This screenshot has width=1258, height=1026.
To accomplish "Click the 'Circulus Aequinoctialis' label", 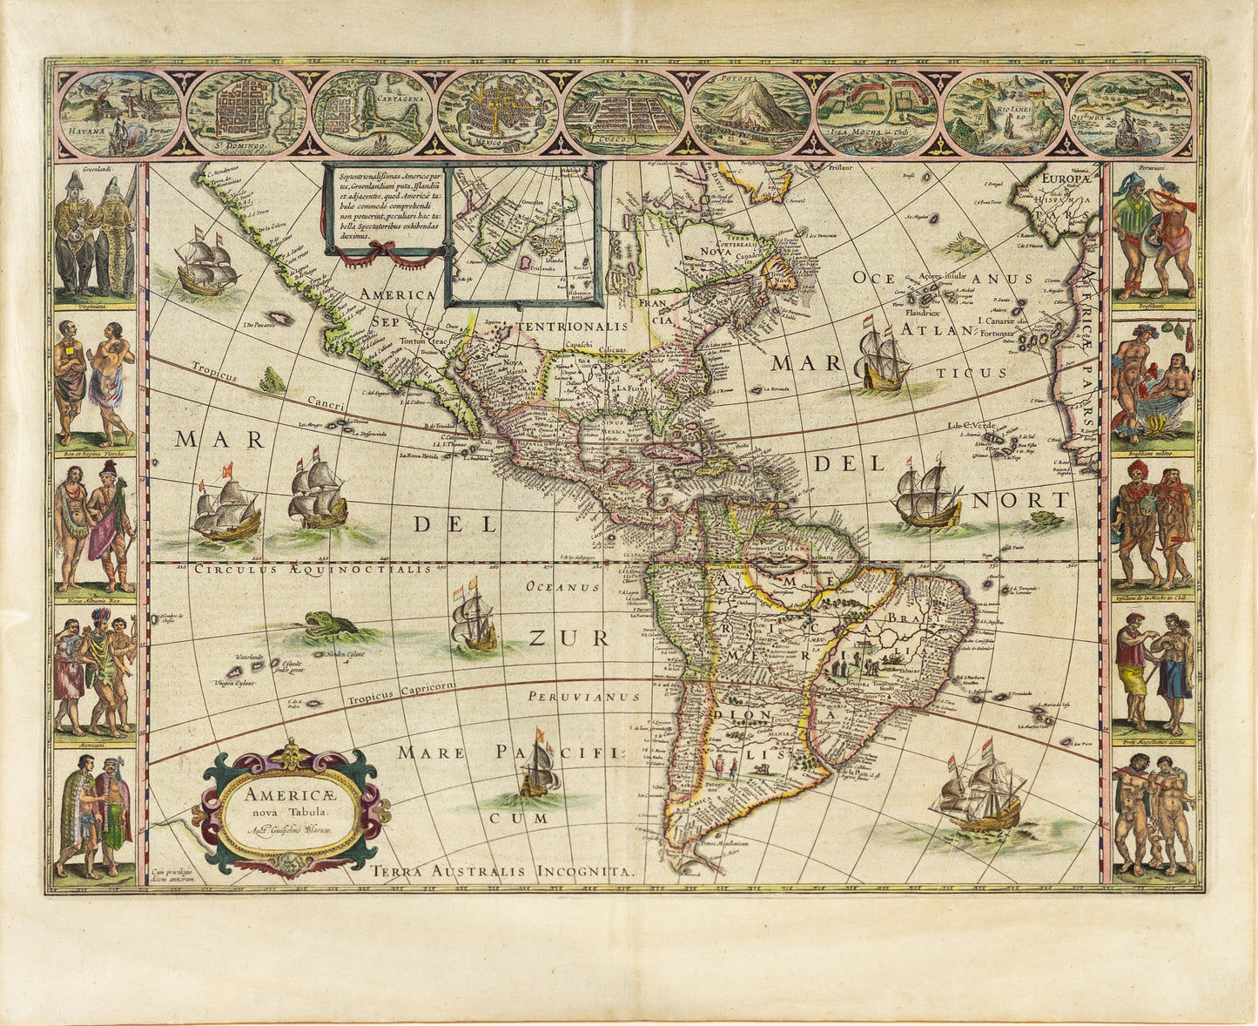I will pos(313,569).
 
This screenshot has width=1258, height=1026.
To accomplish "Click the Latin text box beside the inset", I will pos(384,205).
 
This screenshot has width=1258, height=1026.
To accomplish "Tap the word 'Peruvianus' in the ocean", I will pos(582,697).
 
